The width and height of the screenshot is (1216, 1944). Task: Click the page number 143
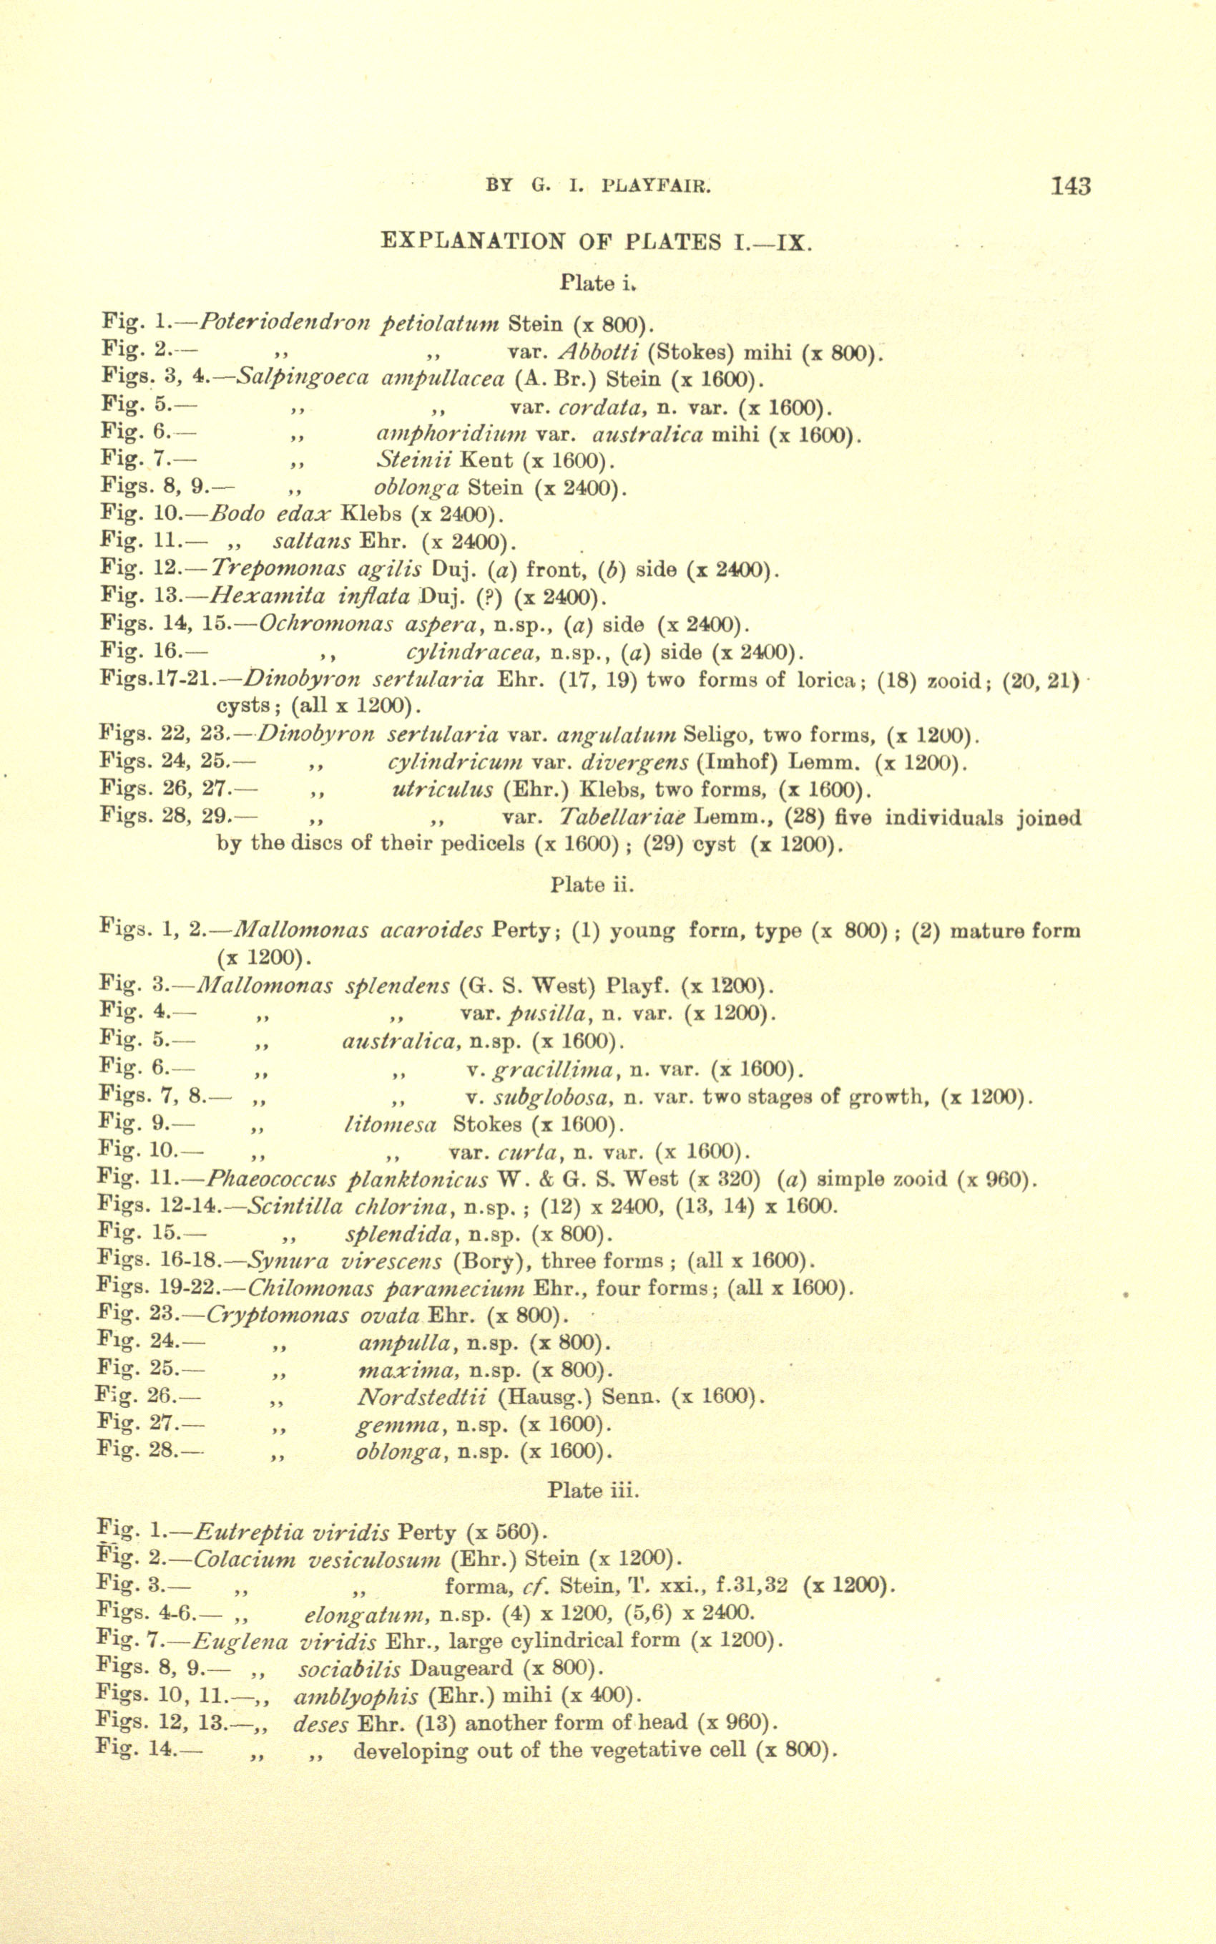point(1070,187)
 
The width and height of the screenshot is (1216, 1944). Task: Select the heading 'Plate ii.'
point(592,885)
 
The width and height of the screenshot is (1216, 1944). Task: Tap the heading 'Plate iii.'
point(594,1491)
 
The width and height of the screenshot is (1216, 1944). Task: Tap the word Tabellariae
point(622,818)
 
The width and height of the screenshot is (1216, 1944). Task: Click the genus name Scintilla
point(295,1207)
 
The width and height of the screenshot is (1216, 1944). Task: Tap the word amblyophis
point(356,1697)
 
